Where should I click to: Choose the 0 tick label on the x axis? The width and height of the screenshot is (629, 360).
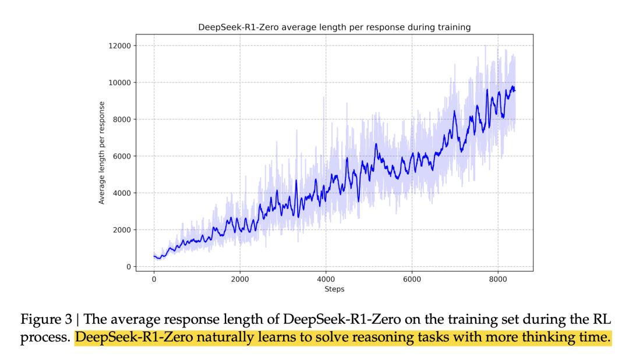click(x=154, y=279)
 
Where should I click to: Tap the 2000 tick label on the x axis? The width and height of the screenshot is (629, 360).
click(x=240, y=279)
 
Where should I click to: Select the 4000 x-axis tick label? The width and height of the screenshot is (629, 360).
click(x=326, y=279)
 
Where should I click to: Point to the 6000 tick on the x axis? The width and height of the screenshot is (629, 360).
click(x=412, y=279)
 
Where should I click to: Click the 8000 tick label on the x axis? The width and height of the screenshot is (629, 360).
click(x=499, y=279)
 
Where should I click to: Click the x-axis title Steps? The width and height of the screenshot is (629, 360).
click(x=334, y=288)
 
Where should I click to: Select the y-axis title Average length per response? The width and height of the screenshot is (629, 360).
click(x=102, y=153)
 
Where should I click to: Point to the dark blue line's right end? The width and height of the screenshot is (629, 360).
click(x=515, y=90)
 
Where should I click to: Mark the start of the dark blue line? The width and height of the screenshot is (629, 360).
click(x=154, y=256)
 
